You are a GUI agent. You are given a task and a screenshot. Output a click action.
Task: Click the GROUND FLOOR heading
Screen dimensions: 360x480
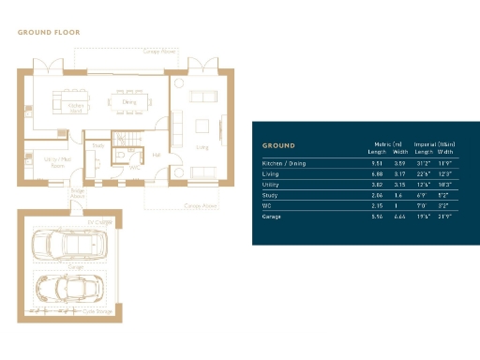pyautogui.click(x=49, y=33)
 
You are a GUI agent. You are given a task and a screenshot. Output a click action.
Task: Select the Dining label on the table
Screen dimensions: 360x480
pyautogui.click(x=129, y=101)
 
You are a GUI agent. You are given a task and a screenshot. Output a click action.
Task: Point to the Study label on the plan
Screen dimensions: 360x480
pyautogui.click(x=97, y=145)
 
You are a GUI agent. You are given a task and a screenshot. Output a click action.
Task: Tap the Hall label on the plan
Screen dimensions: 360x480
pyautogui.click(x=157, y=156)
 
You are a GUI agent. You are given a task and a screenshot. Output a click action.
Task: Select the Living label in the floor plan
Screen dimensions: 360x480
pyautogui.click(x=201, y=147)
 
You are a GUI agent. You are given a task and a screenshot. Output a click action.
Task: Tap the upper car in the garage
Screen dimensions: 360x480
pyautogui.click(x=69, y=246)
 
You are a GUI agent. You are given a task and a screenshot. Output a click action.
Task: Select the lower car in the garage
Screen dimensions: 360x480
pyautogui.click(x=69, y=289)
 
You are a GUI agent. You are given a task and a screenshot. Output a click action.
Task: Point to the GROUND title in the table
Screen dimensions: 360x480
pyautogui.click(x=278, y=146)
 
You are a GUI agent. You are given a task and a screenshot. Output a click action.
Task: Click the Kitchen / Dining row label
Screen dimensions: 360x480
pyautogui.click(x=284, y=164)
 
